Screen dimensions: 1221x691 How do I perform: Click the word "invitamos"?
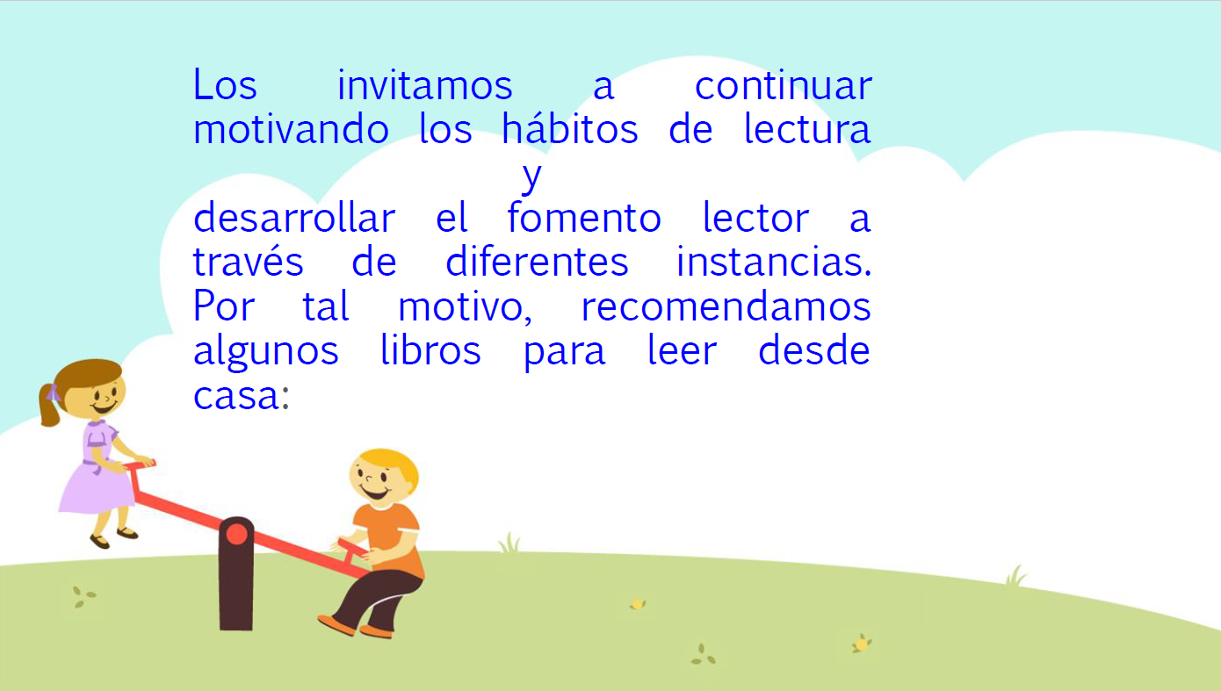click(x=424, y=85)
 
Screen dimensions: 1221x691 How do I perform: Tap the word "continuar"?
click(x=784, y=85)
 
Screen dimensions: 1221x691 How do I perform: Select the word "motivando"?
click(x=291, y=128)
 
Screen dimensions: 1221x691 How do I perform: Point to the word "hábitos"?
click(x=569, y=128)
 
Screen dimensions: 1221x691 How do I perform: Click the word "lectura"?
click(x=808, y=128)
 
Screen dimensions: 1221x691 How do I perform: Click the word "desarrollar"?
click(x=294, y=217)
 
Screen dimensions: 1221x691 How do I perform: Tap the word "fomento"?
click(x=584, y=217)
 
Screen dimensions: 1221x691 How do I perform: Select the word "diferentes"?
click(x=537, y=261)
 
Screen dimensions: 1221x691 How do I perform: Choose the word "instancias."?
click(x=774, y=261)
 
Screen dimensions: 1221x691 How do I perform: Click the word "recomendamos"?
click(x=726, y=306)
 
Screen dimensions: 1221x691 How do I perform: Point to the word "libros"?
click(x=430, y=349)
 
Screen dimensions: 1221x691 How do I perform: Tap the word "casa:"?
click(x=242, y=395)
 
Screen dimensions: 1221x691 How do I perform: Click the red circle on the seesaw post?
click(x=236, y=535)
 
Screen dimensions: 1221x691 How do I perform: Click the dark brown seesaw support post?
click(x=236, y=574)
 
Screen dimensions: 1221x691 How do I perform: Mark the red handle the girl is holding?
click(x=140, y=464)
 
